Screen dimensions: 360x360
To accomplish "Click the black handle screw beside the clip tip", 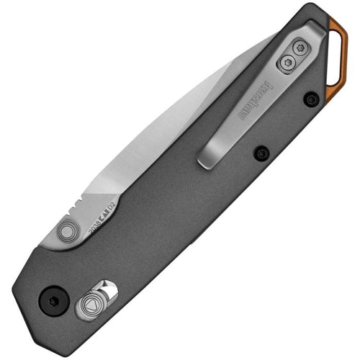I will point(261,153).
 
